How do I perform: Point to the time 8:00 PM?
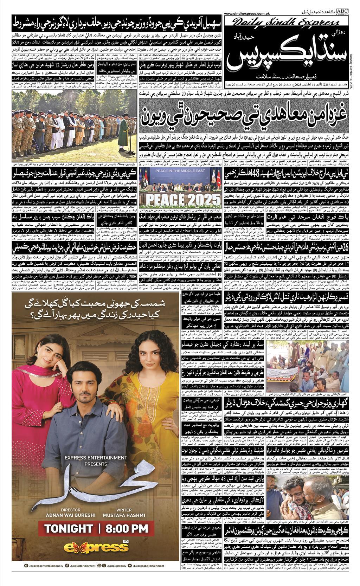click(x=128, y=528)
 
